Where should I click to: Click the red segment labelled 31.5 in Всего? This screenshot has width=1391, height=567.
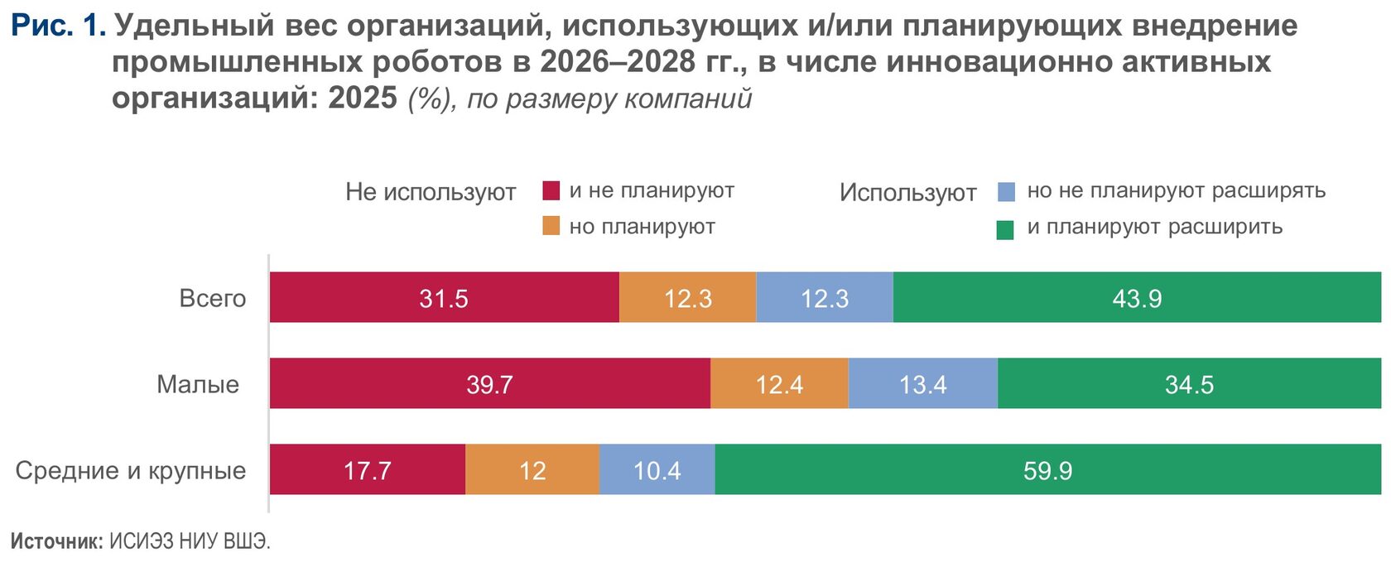pyautogui.click(x=444, y=297)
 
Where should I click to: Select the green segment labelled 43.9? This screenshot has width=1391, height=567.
pyautogui.click(x=1137, y=297)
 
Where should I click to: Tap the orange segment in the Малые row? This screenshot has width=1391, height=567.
pyautogui.click(x=779, y=383)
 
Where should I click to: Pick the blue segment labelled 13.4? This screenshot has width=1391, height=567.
pyautogui.click(x=922, y=383)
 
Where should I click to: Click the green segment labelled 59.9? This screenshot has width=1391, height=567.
pyautogui.click(x=1047, y=469)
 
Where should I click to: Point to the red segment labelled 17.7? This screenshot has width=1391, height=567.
pyautogui.click(x=367, y=469)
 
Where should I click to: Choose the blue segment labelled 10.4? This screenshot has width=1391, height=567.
pyautogui.click(x=657, y=469)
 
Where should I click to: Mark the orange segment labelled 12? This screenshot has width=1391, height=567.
pyautogui.click(x=532, y=469)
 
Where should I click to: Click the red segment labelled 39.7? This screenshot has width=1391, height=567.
pyautogui.click(x=489, y=383)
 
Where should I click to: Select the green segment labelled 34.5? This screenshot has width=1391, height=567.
pyautogui.click(x=1189, y=383)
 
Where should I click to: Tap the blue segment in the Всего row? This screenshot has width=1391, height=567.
pyautogui.click(x=825, y=297)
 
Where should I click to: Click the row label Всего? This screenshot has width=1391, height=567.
pyautogui.click(x=213, y=298)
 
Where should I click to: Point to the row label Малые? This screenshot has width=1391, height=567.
pyautogui.click(x=198, y=384)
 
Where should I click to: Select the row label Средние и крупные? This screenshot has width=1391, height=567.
pyautogui.click(x=131, y=470)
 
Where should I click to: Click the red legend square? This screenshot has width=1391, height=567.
pyautogui.click(x=551, y=190)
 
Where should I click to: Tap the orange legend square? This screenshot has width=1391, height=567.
pyautogui.click(x=551, y=226)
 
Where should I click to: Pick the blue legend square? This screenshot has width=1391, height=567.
pyautogui.click(x=1006, y=192)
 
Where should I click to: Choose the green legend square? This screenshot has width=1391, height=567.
pyautogui.click(x=1005, y=229)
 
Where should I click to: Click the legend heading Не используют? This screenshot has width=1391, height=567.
pyautogui.click(x=431, y=192)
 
